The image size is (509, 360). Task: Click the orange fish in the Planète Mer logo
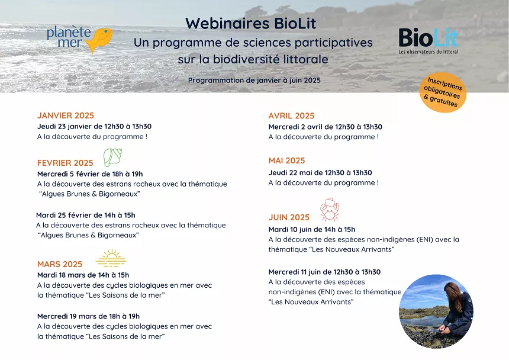pos(99,39)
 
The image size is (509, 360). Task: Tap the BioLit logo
pos(429,41)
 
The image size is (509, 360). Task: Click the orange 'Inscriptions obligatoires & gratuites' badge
pos(443,92)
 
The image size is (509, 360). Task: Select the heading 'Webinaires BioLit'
pos(250,23)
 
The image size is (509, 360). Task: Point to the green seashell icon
pos(112,157)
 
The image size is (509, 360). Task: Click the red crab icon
pos(330,210)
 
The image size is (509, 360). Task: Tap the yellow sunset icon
pos(111,258)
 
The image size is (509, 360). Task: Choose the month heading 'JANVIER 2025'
pos(66,115)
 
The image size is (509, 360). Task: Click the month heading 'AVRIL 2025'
pos(291,116)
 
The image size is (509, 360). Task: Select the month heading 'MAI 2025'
pos(286,160)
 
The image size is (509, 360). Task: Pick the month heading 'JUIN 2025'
pos(289,217)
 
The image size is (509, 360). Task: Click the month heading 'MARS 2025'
pos(60,264)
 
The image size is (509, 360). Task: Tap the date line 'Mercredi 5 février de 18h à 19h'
pos(90,174)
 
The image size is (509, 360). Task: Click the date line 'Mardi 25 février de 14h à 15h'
pos(86,215)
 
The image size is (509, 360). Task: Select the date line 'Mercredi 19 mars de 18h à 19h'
pos(88,316)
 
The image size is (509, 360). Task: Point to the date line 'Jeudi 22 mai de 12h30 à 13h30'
pos(320,173)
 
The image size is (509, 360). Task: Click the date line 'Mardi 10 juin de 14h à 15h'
pos(312,230)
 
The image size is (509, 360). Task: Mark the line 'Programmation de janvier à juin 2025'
pos(254,80)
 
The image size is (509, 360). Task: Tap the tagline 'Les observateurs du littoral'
pos(429,52)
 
